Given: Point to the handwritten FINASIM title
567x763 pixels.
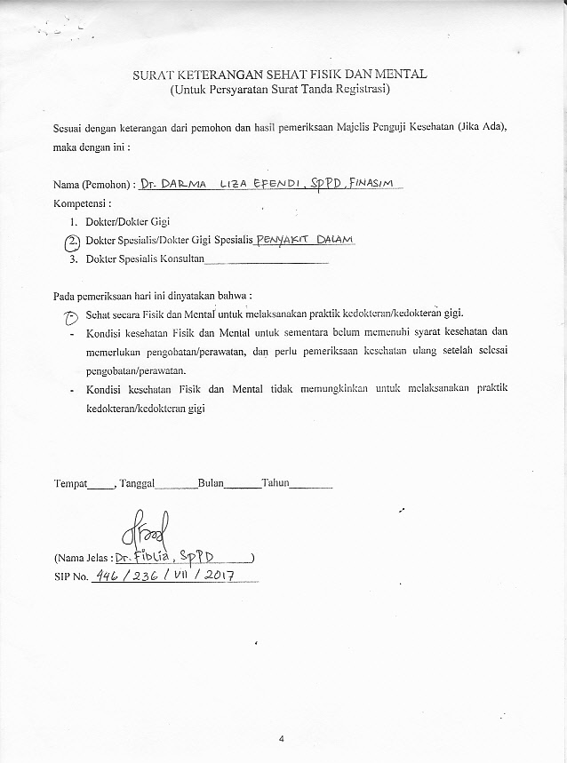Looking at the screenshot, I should [376, 183].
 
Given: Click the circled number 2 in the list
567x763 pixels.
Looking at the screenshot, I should [73, 241].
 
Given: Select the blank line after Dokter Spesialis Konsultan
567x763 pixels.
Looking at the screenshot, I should [267, 262].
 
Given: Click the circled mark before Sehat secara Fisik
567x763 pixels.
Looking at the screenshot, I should [73, 315].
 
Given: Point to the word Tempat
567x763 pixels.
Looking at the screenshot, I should [70, 484].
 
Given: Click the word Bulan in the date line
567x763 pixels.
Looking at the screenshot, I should [210, 484].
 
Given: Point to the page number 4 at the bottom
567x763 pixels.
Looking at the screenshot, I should [282, 738].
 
